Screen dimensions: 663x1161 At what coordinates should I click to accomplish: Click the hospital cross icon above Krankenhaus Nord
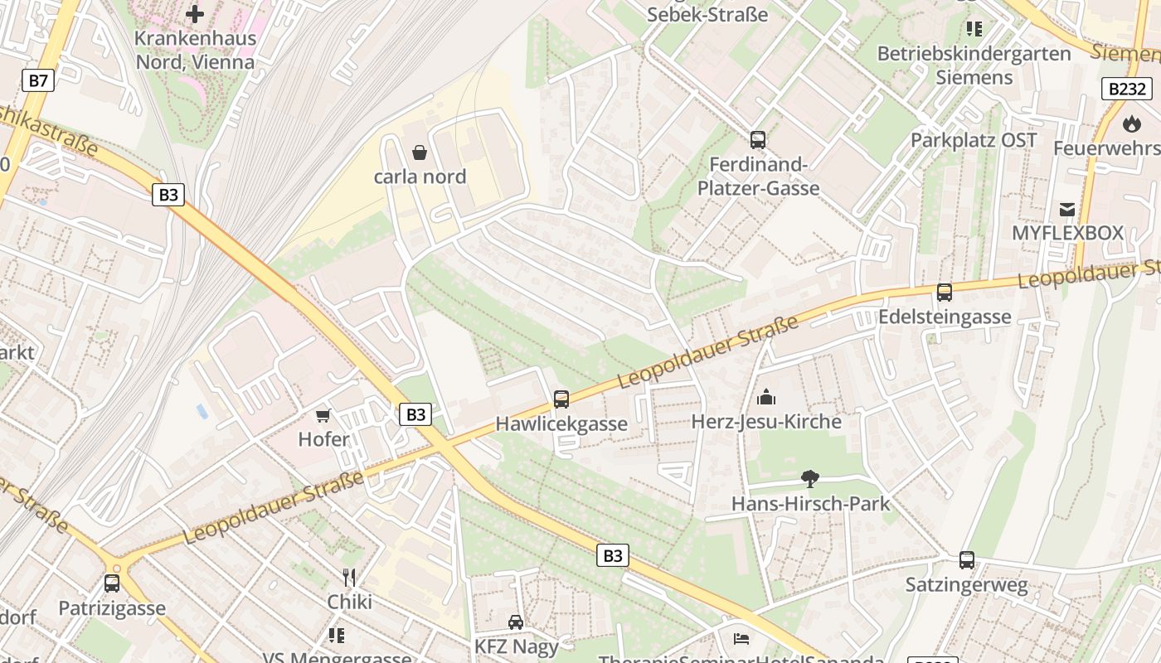pos(195,14)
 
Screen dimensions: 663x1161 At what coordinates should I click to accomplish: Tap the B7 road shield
pos(37,80)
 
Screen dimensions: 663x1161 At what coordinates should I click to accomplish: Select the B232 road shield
pos(1127,89)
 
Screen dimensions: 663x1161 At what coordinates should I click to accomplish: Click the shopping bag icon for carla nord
pos(420,152)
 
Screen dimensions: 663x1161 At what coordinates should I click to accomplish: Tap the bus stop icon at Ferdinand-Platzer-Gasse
pos(757,140)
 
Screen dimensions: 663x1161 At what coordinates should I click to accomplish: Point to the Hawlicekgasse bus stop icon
pos(561,399)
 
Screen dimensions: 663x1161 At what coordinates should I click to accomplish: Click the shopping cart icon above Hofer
pos(323,414)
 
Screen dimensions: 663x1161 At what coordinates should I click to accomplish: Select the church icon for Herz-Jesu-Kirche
pos(766,397)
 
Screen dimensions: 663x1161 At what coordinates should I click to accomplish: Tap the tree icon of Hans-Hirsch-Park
pos(810,478)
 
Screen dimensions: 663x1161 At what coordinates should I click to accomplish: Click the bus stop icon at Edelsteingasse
pos(944,292)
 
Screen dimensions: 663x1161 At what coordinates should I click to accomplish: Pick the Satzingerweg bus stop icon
pos(966,560)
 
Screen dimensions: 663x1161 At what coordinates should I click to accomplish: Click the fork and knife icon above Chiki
pos(349,577)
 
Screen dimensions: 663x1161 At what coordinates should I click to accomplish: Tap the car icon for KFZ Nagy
pos(515,622)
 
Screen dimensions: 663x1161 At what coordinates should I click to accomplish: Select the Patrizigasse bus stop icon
pos(112,583)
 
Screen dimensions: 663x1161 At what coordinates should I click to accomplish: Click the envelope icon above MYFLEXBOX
pos(1066,209)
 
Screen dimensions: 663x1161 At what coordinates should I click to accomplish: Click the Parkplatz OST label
pos(974,140)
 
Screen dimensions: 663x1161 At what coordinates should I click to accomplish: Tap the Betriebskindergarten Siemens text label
pos(974,65)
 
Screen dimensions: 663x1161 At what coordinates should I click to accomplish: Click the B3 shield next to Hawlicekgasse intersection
pos(415,414)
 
